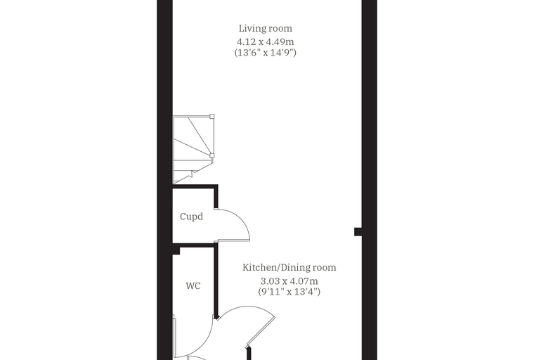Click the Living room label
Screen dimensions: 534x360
click(x=266, y=29)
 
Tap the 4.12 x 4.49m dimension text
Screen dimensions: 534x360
click(x=266, y=42)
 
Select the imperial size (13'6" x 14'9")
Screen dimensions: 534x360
click(x=266, y=53)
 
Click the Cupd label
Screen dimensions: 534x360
click(x=191, y=217)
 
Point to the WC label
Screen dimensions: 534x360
click(x=193, y=285)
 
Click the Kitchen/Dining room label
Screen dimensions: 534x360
click(x=289, y=268)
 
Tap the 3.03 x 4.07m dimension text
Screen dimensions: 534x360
click(x=289, y=281)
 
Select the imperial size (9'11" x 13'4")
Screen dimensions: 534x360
click(x=289, y=292)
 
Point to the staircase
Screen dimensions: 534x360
click(x=193, y=149)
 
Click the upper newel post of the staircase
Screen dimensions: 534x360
click(x=211, y=116)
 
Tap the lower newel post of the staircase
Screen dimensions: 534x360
click(x=211, y=156)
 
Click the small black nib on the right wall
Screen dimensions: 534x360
click(x=358, y=232)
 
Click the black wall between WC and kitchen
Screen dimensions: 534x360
click(x=216, y=281)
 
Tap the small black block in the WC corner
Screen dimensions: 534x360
click(x=176, y=250)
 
